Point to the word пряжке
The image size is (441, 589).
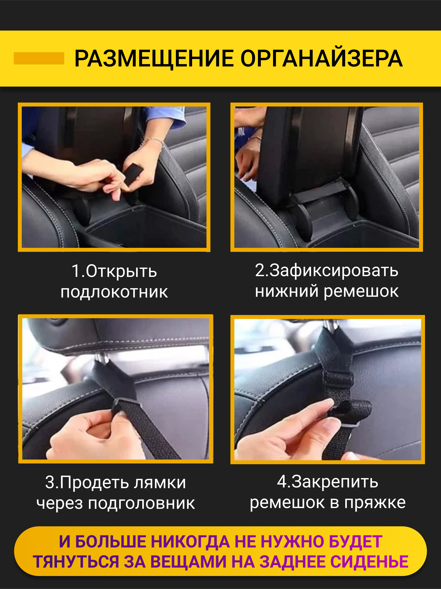coord(375,503)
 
